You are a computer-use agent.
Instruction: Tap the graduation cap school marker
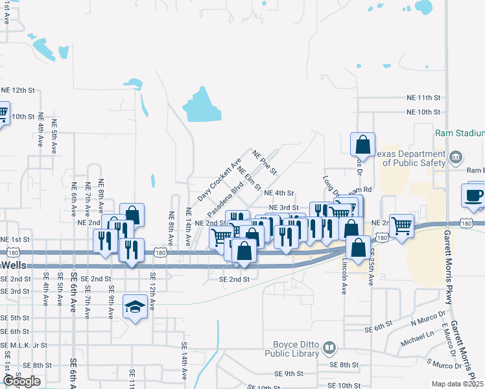click(x=135, y=307)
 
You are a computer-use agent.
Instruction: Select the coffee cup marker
click(x=473, y=196)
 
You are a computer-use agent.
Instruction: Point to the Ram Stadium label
click(x=460, y=133)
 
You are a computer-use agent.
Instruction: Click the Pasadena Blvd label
click(x=225, y=200)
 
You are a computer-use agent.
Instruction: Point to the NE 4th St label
click(x=279, y=193)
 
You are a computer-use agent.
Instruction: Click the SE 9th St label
click(x=289, y=374)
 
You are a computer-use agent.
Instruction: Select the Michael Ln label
click(x=416, y=339)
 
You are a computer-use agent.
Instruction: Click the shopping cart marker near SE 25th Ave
click(x=402, y=227)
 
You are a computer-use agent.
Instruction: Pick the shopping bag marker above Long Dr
click(x=362, y=145)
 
